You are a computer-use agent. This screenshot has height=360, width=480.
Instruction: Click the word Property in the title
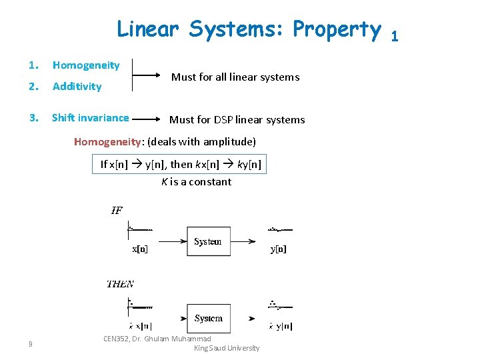(x=337, y=29)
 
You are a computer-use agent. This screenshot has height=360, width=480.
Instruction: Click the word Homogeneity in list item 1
(x=86, y=65)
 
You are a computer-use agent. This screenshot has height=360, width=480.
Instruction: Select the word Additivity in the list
(x=77, y=86)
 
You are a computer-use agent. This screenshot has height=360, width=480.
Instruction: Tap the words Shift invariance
(x=90, y=118)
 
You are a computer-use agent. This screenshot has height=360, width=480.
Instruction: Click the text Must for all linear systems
(x=235, y=77)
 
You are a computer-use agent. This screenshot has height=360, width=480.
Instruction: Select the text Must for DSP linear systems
(x=237, y=120)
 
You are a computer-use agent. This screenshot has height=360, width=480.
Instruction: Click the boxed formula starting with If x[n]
(x=180, y=164)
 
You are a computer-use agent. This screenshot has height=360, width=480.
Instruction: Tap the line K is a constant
(x=196, y=181)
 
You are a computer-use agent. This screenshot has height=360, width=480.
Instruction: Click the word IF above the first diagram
(x=117, y=211)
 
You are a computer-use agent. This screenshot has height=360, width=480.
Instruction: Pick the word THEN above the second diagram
(x=120, y=284)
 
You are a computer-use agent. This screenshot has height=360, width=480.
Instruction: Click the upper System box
(x=208, y=241)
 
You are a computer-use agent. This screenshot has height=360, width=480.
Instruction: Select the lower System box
(x=208, y=318)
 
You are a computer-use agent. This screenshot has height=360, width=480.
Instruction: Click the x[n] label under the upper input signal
(x=140, y=249)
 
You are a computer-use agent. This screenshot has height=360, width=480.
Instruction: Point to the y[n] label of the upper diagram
(x=279, y=249)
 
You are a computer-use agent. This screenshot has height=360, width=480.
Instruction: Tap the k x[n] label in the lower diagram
(x=139, y=327)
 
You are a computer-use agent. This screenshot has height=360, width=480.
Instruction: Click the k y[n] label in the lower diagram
(x=280, y=327)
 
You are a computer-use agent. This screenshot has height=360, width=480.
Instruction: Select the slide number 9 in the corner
(x=31, y=344)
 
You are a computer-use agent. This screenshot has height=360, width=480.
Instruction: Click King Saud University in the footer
(x=226, y=348)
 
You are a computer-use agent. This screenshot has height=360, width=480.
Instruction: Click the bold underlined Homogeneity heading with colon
(x=109, y=141)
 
